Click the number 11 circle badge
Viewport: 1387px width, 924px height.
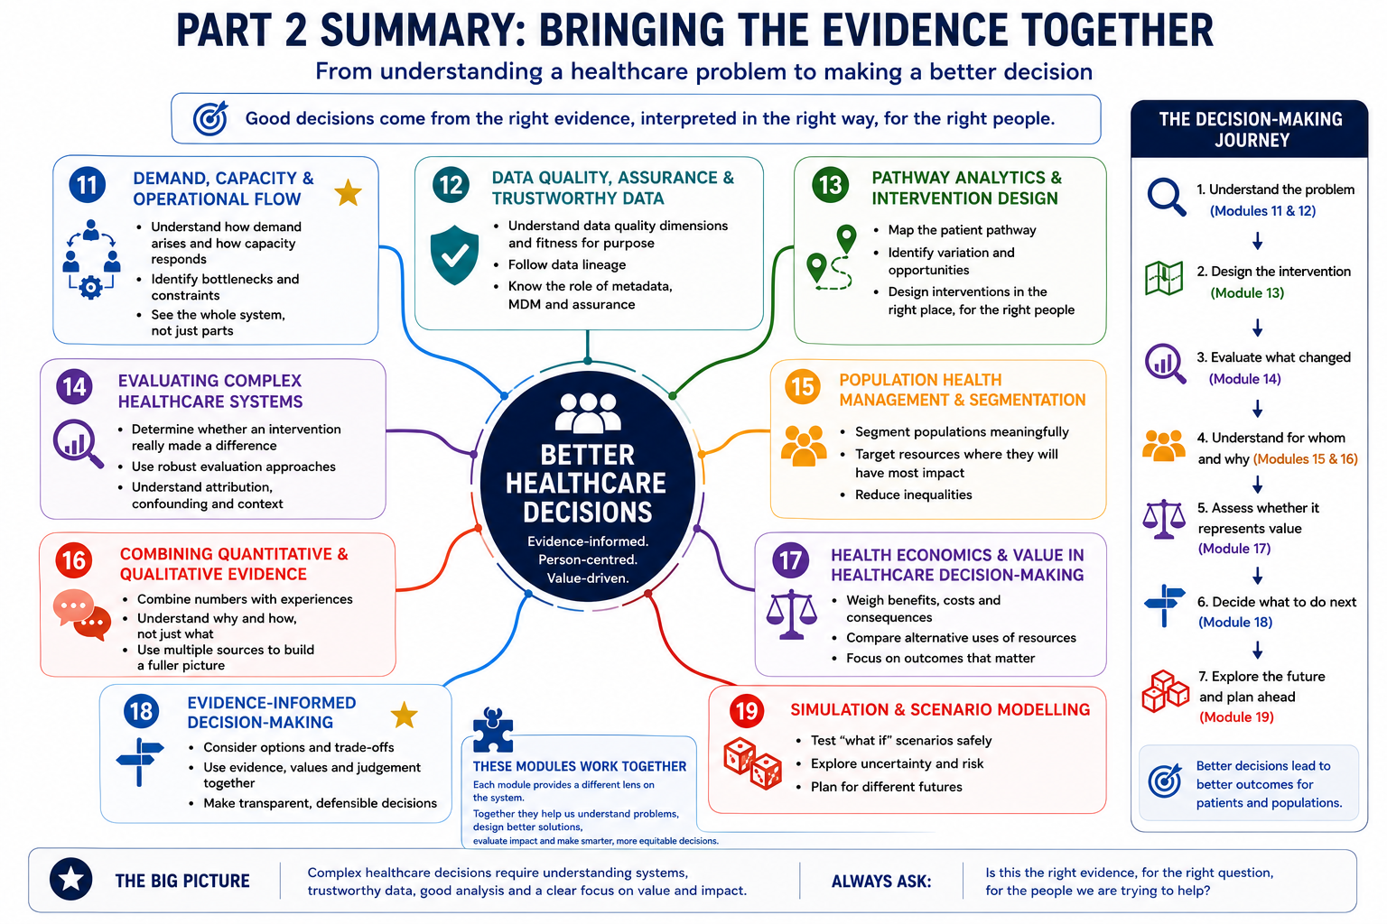88,184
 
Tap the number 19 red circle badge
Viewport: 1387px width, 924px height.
747,710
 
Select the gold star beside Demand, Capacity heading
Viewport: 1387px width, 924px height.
348,192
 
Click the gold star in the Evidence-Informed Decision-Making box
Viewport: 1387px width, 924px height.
405,715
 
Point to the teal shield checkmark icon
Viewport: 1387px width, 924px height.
454,254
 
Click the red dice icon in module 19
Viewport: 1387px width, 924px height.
752,763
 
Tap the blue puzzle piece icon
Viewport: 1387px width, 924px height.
493,729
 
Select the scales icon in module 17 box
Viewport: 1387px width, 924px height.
791,614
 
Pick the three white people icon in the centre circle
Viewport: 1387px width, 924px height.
588,412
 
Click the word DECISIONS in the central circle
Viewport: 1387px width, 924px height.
588,513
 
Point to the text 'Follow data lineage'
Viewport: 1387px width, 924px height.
566,265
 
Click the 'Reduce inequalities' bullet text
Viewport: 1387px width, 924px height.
913,494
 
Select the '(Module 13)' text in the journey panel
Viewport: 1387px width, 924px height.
1247,292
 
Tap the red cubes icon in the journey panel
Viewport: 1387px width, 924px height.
1165,690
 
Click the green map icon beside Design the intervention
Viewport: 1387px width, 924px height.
1164,279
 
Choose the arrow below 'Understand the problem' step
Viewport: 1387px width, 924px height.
1257,241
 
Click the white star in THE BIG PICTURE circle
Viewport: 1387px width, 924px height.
70,879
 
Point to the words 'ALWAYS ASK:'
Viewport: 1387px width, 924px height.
881,882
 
